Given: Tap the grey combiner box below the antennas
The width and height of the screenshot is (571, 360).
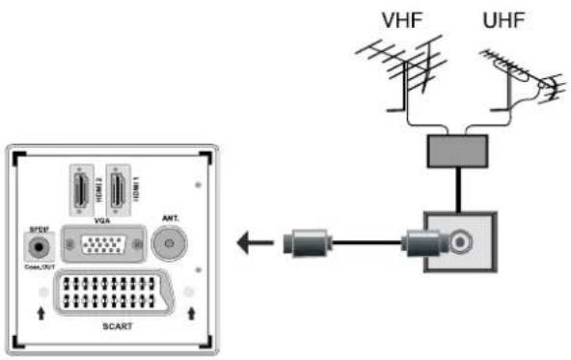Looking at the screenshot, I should [x=456, y=149].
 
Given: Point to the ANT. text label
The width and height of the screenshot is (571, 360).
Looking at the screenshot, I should [x=171, y=219].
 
